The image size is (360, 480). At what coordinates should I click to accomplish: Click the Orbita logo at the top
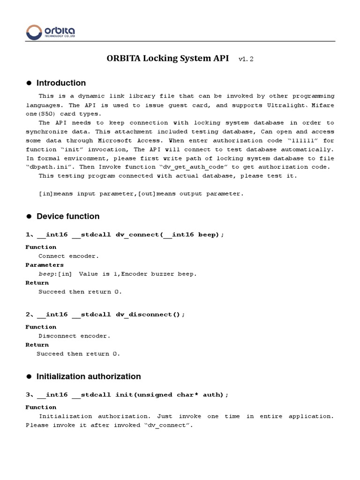[x=51, y=32]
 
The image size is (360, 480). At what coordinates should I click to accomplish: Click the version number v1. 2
[x=246, y=59]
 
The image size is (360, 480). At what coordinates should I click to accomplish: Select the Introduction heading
[x=61, y=83]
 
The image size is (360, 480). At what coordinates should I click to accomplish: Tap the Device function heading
[x=68, y=216]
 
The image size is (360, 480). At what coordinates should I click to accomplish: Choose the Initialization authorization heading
[x=89, y=376]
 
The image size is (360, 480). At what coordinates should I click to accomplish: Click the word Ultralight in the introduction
[x=293, y=105]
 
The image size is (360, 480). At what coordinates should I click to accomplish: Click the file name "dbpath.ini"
[x=47, y=167]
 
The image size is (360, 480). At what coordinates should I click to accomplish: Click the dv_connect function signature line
[x=124, y=234]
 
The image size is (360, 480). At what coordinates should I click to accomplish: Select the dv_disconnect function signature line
[x=105, y=315]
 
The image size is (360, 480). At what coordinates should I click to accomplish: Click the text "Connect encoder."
[x=69, y=256]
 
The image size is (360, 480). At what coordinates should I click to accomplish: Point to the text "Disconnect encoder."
[x=75, y=336]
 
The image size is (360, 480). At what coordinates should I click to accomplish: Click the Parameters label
[x=45, y=265]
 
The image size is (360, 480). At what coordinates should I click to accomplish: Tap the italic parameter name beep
[x=47, y=274]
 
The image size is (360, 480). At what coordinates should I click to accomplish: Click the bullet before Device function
[x=29, y=216]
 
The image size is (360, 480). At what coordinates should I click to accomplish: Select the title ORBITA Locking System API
[x=168, y=59]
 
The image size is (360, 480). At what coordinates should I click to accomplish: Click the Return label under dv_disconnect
[x=37, y=345]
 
